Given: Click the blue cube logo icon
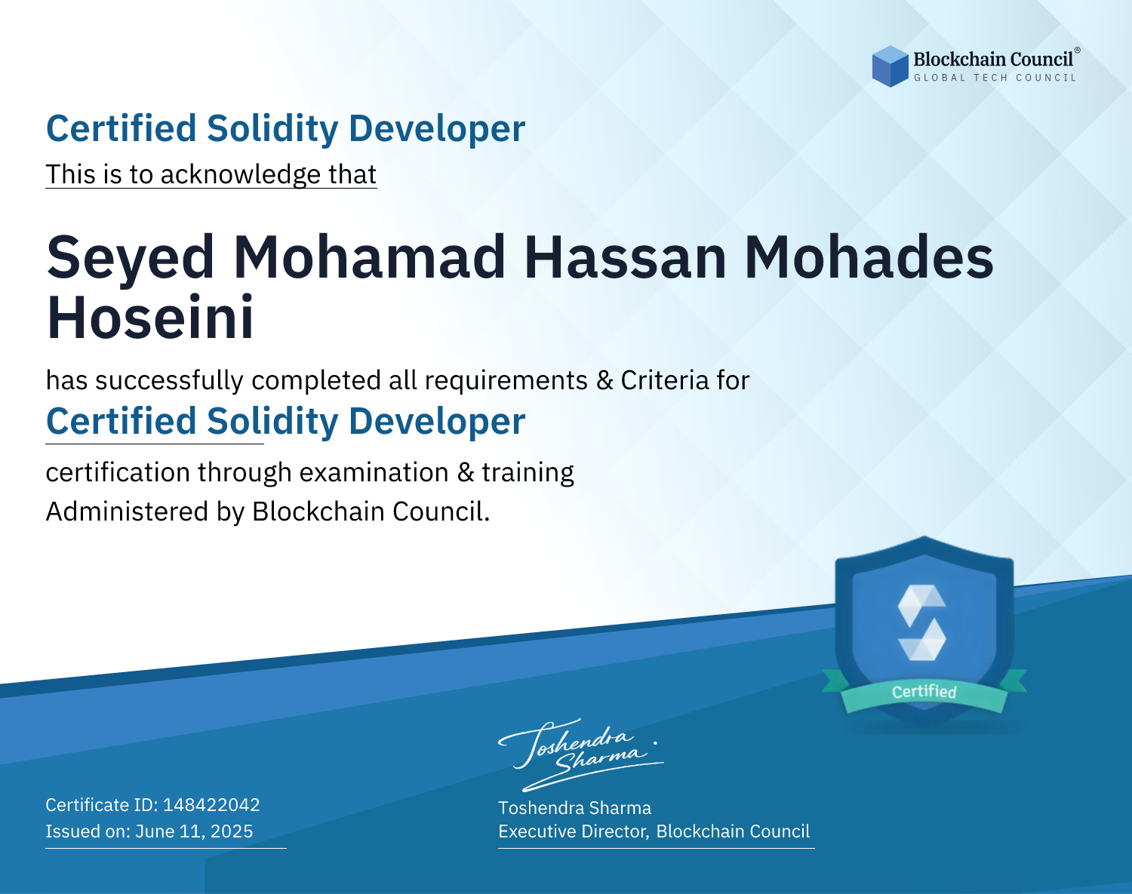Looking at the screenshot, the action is point(890,66).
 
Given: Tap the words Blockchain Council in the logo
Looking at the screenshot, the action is point(993,60).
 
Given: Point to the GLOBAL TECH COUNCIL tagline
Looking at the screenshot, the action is point(995,78).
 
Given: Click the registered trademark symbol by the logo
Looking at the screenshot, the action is point(1078,51).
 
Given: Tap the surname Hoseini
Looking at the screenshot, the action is point(150,318).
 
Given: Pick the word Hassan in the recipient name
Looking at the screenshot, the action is point(626,258).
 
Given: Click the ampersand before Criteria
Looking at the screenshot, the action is point(604,380).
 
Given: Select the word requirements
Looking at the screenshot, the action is point(506,381).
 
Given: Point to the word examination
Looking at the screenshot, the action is point(374,472).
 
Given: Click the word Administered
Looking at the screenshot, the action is point(127,512).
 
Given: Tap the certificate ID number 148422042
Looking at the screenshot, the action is point(211,805).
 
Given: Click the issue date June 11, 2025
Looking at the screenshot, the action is point(194,831).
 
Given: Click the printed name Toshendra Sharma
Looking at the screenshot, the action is point(575,808).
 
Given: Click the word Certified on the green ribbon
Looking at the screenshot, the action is point(924,692).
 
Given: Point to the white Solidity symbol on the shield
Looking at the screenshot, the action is point(921,622).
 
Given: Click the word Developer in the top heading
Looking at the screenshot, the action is point(437,129).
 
